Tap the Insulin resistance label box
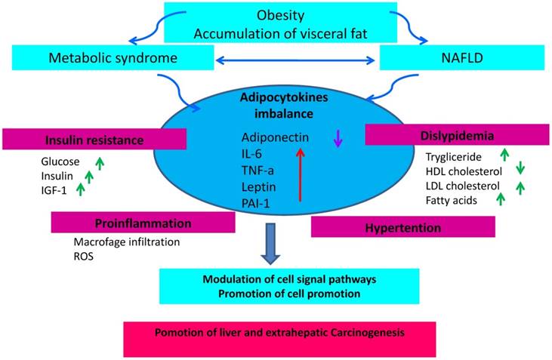(x=94, y=139)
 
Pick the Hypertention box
(x=402, y=226)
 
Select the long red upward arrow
(x=300, y=174)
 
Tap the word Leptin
(x=260, y=186)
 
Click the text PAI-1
(x=257, y=202)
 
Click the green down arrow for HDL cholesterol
(x=519, y=170)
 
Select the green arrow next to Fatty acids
(x=498, y=198)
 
